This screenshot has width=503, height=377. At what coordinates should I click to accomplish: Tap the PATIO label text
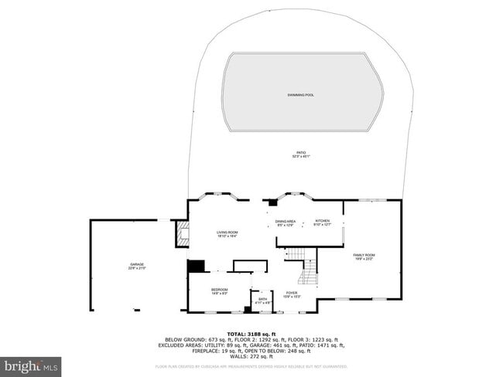(x=300, y=153)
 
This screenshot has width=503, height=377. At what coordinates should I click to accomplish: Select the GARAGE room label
(x=137, y=265)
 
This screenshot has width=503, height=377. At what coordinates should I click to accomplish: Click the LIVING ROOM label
(x=227, y=232)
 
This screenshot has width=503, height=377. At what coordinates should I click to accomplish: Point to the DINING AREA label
(x=286, y=222)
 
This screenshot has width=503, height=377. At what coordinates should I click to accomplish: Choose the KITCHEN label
(x=322, y=222)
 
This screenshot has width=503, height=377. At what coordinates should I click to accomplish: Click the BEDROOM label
(x=220, y=290)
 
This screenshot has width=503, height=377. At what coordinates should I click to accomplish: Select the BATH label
(x=263, y=299)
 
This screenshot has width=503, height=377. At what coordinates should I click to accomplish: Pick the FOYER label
(x=292, y=293)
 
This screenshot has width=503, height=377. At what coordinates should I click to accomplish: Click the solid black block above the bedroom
(x=197, y=266)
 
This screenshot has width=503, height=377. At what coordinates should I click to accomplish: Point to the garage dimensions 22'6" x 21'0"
(x=137, y=269)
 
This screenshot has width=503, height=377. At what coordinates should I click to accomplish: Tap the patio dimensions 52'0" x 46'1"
(x=300, y=157)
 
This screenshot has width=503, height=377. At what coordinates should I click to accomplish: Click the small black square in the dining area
(x=272, y=202)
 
